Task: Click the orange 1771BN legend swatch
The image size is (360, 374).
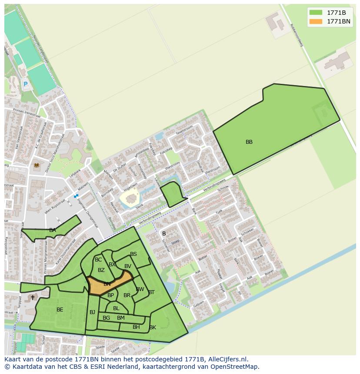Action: pos(316,21)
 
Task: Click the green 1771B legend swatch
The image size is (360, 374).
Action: pos(316,13)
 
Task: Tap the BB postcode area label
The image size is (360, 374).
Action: pos(249,142)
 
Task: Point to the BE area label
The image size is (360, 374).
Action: pos(60,310)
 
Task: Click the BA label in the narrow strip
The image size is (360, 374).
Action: pos(53,230)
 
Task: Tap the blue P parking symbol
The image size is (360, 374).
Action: pos(25,84)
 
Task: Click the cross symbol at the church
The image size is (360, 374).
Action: pos(33,298)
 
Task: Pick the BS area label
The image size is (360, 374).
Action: pos(133,255)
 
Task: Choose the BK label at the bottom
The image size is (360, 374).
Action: pos(153,328)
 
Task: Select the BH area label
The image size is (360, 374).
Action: pos(136,327)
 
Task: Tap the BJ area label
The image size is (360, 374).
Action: pos(93,312)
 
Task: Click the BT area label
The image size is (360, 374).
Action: pos(151,292)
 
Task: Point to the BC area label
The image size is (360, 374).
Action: pos(98,260)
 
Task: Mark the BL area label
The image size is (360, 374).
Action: pos(116,308)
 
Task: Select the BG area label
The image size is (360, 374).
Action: pos(106,318)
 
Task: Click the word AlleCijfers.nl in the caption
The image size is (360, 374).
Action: pos(227,359)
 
